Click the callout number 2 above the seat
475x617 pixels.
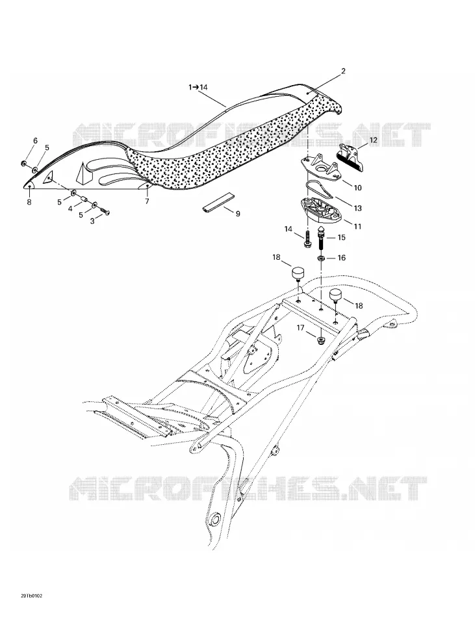point(343,71)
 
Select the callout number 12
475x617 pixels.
point(373,140)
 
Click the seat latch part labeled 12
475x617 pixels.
point(351,157)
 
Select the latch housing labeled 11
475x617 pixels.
point(319,210)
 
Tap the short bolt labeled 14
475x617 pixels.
point(307,239)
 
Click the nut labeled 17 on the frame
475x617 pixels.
point(322,340)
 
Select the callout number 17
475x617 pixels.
point(301,327)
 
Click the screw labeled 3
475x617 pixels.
point(104,212)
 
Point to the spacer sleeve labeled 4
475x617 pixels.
point(84,199)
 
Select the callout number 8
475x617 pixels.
point(29,202)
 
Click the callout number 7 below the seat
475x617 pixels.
point(148,201)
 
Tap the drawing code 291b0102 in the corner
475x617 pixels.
point(31,596)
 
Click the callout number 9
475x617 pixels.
point(238,214)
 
